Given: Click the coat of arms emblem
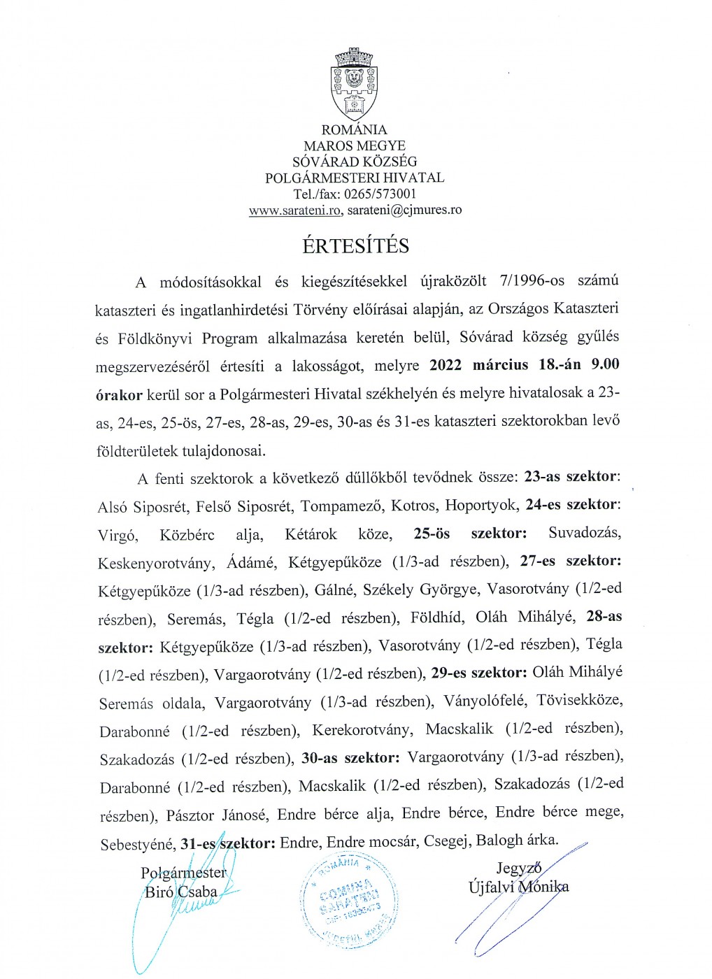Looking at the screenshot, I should coord(354,84).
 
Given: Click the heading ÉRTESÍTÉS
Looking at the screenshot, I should coord(355,246).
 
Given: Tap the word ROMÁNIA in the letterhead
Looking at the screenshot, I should coord(354,130).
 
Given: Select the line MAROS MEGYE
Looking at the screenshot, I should coord(354,146).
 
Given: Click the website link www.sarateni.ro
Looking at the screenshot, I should coord(294,210).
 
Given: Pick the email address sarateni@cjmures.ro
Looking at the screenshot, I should coord(404,210).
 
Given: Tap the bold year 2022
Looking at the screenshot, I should coord(446,365).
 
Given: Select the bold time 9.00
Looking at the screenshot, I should coord(605,364).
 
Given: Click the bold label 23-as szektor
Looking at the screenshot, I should coord(570,477).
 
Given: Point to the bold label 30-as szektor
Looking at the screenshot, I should coord(350,758).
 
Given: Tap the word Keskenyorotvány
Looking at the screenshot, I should coord(155,563).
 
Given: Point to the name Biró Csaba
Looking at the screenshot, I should coord(180,892).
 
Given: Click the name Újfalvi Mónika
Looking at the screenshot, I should coord(518,887).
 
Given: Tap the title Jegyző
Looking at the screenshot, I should coord(519,869).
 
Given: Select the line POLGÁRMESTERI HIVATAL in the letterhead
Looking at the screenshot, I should coord(354,178).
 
